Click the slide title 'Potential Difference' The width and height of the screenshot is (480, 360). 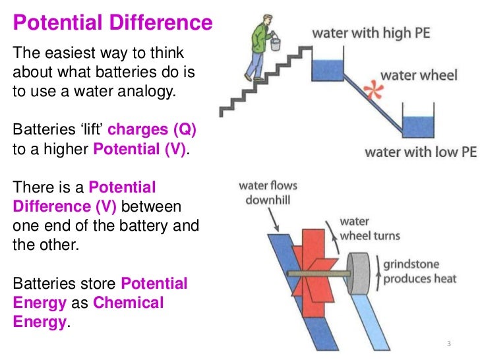click(113, 24)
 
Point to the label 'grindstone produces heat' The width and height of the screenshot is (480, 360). click(420, 271)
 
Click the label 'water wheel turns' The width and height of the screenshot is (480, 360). click(369, 229)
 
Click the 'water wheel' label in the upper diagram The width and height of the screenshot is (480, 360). click(418, 75)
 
